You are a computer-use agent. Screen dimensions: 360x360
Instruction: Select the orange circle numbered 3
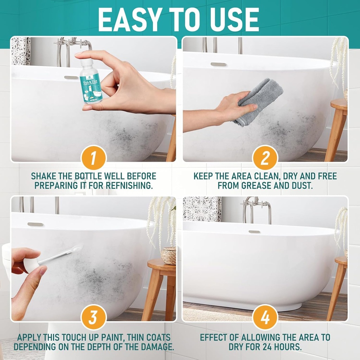[94, 317]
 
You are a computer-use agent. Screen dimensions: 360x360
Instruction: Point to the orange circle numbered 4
[265, 317]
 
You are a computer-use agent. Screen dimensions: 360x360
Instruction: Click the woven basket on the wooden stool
[169, 256]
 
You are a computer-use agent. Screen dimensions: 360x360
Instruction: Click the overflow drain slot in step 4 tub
[254, 232]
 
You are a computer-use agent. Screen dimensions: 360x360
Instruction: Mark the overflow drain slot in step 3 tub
[35, 224]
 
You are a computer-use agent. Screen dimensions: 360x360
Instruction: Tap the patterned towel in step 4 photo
[202, 209]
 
